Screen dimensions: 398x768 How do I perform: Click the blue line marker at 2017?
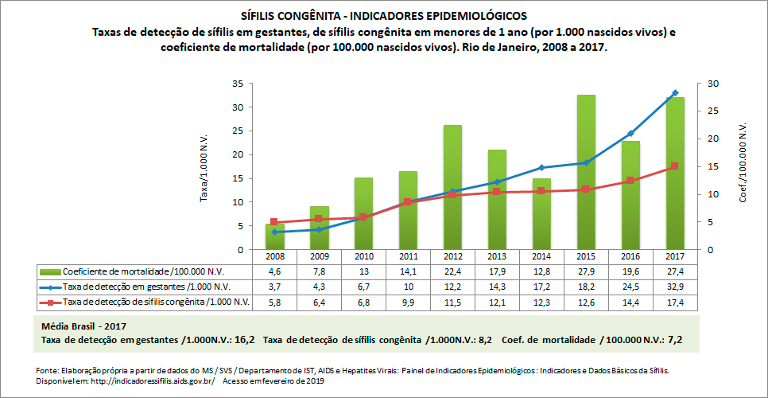pyautogui.click(x=675, y=93)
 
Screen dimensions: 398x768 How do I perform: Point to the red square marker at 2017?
pyautogui.click(x=675, y=166)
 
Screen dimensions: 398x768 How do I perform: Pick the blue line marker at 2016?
pyautogui.click(x=630, y=133)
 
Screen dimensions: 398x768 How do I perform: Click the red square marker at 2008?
pyautogui.click(x=274, y=222)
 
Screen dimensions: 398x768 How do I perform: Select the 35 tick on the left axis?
pyautogui.click(x=238, y=84)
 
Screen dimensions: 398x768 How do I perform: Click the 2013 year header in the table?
pyautogui.click(x=497, y=257)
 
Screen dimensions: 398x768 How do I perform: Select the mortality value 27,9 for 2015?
pyautogui.click(x=586, y=272)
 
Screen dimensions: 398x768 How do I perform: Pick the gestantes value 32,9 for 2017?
pyautogui.click(x=675, y=287)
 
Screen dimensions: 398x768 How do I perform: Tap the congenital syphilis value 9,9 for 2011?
pyautogui.click(x=408, y=302)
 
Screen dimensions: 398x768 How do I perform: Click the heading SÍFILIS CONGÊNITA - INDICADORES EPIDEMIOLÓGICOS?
pyautogui.click(x=383, y=15)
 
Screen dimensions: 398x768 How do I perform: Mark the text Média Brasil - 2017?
pyautogui.click(x=83, y=326)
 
